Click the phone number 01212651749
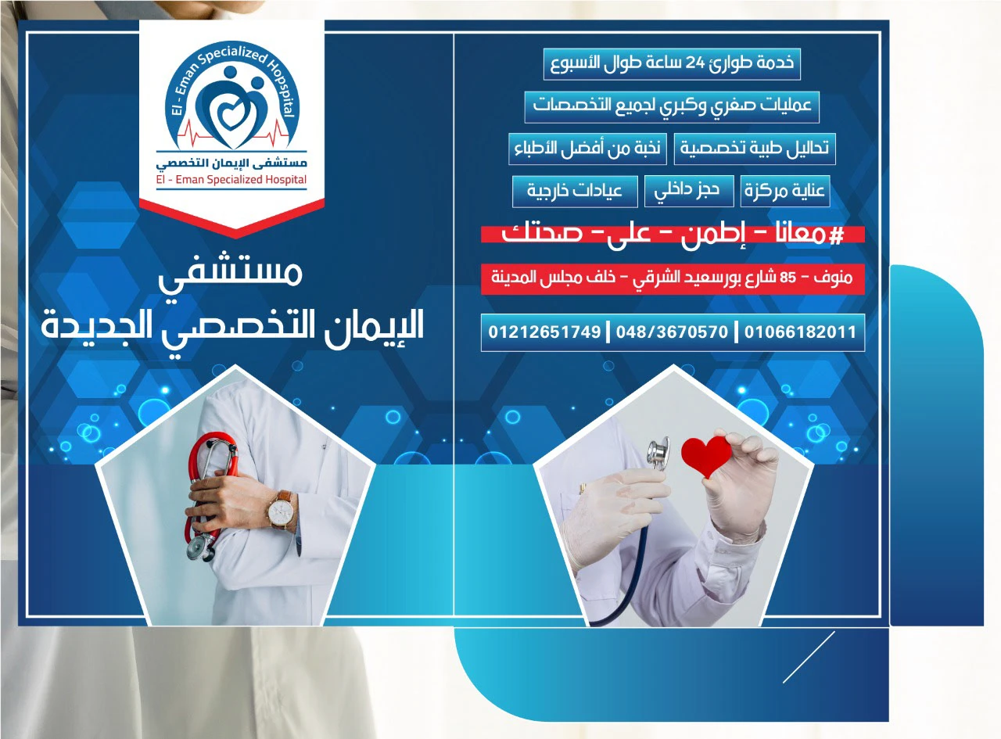click(x=544, y=332)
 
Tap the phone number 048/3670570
click(x=672, y=332)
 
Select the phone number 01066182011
click(x=800, y=332)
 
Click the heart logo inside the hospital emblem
click(x=230, y=113)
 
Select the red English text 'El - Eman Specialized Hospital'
click(x=231, y=180)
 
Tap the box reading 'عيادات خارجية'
click(x=575, y=191)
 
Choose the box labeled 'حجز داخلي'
click(x=689, y=191)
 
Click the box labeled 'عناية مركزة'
click(x=785, y=191)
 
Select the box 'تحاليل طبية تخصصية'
click(x=755, y=149)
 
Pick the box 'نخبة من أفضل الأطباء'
click(x=587, y=149)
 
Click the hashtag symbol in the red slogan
click(x=836, y=235)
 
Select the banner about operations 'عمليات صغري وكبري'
click(x=672, y=106)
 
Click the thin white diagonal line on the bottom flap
click(x=809, y=658)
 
